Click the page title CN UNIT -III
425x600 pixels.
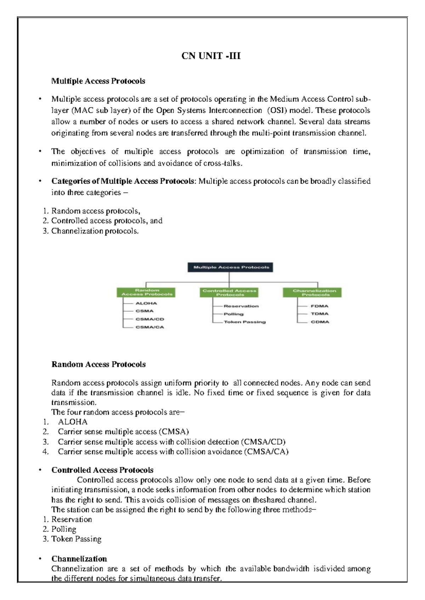pos(211,56)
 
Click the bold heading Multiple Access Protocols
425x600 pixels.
pos(98,81)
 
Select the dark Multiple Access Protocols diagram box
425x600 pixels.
pos(230,267)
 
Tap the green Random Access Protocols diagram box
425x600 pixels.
pos(146,292)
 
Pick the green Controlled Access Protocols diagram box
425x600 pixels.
pos(229,292)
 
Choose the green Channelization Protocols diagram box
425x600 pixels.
pos(312,292)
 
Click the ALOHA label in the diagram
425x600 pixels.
pos(146,303)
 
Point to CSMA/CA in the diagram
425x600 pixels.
pos(149,327)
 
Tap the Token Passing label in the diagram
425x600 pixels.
pos(244,322)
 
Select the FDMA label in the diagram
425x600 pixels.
pos(319,306)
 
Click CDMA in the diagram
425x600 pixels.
pos(320,322)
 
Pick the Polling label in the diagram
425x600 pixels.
pos(233,314)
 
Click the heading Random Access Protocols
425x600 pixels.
pos(98,364)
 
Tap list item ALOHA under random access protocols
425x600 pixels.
pos(73,422)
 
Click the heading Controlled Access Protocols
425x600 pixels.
pos(102,470)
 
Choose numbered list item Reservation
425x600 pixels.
pos(72,519)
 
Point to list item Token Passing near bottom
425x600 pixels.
pos(76,539)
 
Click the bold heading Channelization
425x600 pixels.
pos(79,559)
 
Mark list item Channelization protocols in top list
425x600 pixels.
pos(95,231)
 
